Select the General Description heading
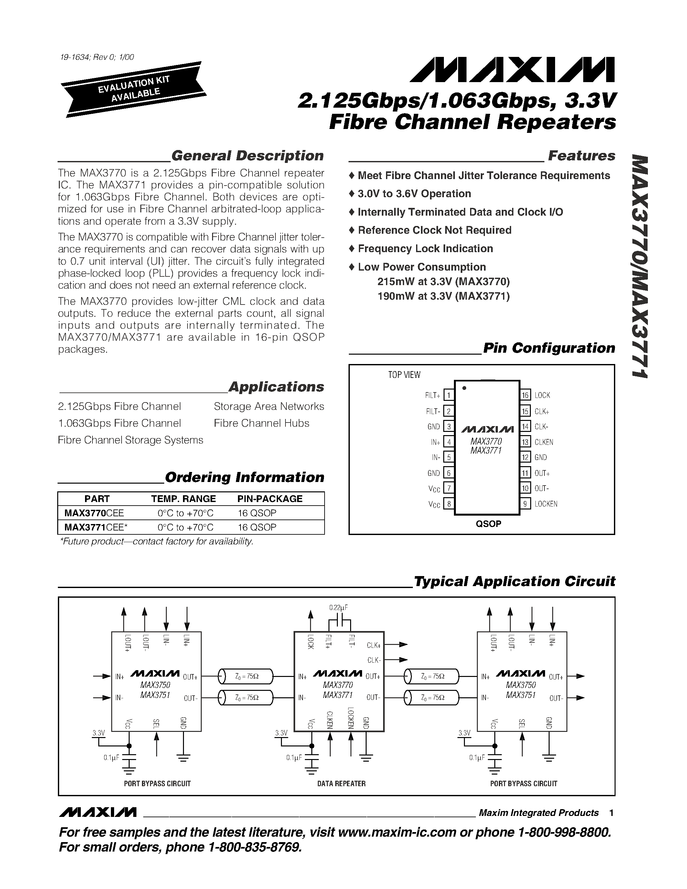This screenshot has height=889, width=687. click(x=247, y=155)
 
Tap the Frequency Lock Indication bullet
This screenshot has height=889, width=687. click(x=425, y=249)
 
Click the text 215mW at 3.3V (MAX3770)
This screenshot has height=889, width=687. click(x=443, y=282)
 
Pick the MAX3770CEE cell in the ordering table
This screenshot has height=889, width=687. click(x=94, y=513)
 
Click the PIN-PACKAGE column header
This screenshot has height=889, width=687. click(x=270, y=498)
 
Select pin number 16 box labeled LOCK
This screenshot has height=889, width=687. click(x=525, y=395)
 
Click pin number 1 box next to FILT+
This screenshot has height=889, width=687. click(x=448, y=395)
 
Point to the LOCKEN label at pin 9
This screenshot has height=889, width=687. click(x=546, y=504)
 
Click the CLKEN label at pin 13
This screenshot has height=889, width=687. click(x=544, y=442)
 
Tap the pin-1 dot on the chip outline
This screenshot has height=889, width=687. click(x=464, y=388)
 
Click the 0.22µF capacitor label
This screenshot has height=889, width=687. click(x=338, y=608)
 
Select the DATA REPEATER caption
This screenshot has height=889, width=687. click(x=341, y=784)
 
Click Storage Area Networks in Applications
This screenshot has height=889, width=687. click(x=269, y=406)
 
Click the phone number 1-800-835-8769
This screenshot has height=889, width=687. click(x=255, y=847)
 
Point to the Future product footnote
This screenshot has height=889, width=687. click(x=156, y=541)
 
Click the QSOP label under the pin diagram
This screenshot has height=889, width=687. click(x=488, y=524)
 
